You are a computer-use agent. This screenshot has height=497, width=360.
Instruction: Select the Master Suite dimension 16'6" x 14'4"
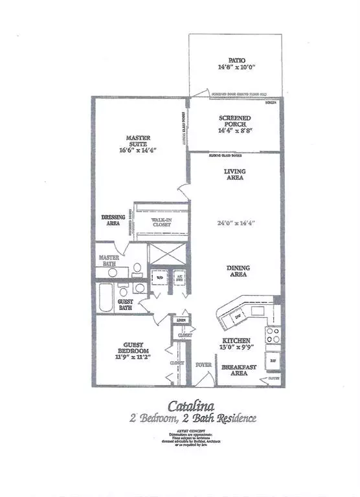click(x=138, y=150)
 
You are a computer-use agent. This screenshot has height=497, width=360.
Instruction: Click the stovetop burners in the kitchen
click(x=273, y=337)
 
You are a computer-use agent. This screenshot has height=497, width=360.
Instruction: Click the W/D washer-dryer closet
click(x=159, y=279)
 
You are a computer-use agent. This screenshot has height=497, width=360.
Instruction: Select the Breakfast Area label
click(x=237, y=371)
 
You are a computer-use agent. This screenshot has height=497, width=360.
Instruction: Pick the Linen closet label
click(x=181, y=320)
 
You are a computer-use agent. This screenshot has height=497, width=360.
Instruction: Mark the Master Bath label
click(x=110, y=261)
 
